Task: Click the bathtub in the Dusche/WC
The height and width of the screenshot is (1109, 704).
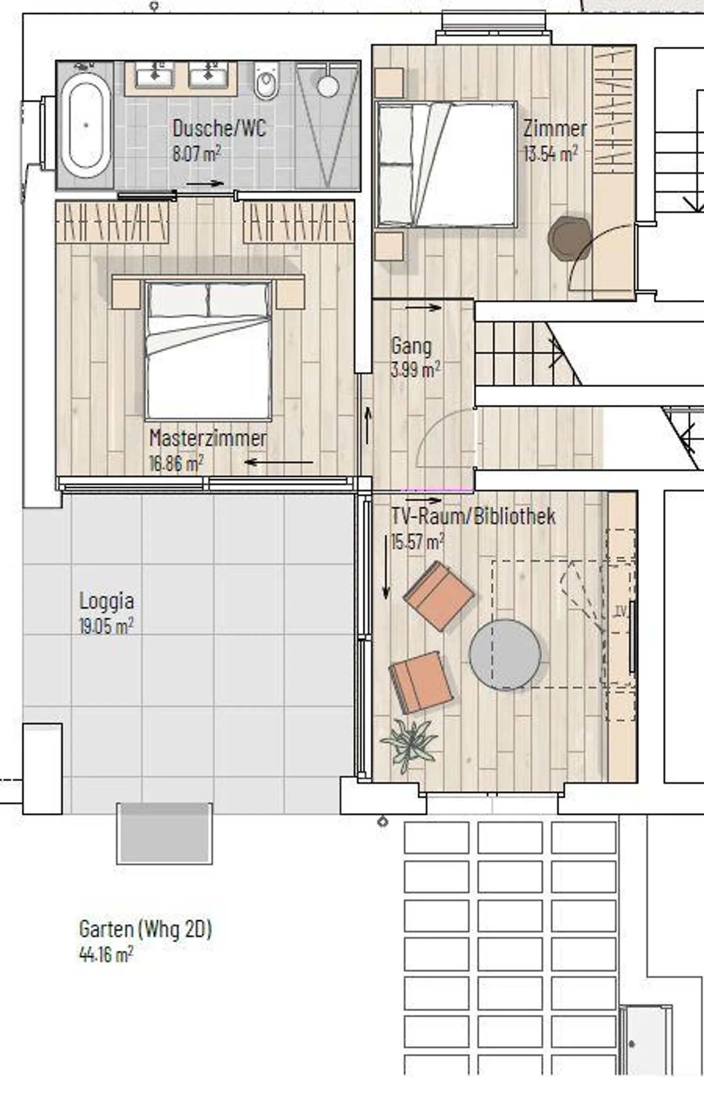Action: (x=86, y=126)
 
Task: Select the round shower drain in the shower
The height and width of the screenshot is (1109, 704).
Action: (x=328, y=86)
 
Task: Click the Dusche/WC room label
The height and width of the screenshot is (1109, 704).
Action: (x=220, y=129)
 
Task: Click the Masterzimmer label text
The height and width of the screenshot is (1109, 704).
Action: (x=208, y=438)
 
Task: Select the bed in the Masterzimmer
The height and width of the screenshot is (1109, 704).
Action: (x=208, y=350)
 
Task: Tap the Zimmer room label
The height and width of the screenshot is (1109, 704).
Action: (x=555, y=129)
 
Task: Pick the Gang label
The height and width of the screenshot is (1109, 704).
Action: (x=412, y=346)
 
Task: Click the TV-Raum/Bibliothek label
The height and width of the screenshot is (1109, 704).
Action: (x=473, y=517)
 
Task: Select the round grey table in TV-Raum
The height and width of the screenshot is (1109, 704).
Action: (x=505, y=654)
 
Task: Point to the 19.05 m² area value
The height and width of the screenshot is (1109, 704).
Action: (x=106, y=626)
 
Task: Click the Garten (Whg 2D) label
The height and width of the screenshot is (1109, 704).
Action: (x=145, y=929)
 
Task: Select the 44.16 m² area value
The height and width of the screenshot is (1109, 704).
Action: (x=106, y=954)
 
